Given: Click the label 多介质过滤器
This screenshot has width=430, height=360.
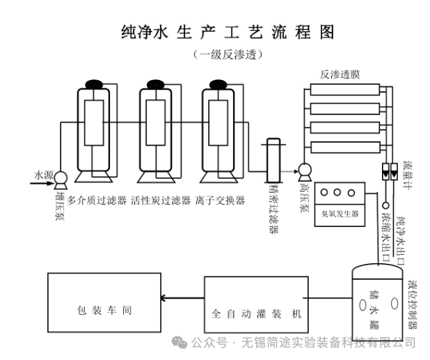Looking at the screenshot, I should [x=97, y=200].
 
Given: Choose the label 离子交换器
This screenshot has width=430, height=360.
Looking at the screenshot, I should [x=221, y=200].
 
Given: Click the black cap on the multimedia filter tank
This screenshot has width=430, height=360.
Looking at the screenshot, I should [x=93, y=85].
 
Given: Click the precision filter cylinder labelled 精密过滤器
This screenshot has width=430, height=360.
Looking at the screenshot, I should [x=273, y=159].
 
